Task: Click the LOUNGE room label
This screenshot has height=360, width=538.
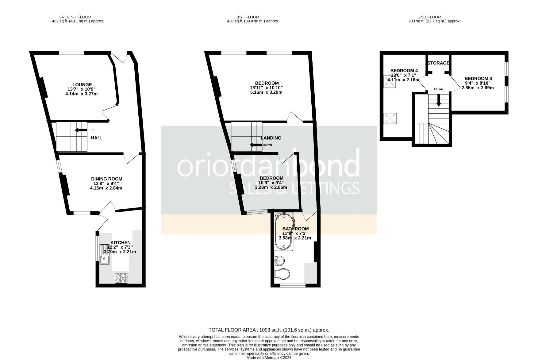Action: (82, 85)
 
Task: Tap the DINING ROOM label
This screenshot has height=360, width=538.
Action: (107, 179)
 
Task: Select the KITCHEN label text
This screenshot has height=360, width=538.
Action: (121, 243)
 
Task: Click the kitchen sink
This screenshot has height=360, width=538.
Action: (104, 254)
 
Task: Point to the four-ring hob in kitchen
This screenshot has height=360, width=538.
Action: (121, 278)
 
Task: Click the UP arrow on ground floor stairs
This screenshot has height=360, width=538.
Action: (81, 130)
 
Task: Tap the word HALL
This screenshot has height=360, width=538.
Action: (97, 138)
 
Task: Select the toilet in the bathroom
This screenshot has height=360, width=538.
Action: (282, 274)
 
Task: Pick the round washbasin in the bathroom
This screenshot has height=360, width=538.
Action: (279, 261)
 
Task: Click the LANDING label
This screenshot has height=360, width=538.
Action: (271, 138)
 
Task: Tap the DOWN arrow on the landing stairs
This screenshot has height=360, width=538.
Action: (256, 145)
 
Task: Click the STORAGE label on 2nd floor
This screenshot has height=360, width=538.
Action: (438, 63)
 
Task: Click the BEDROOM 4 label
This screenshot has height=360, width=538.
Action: (404, 71)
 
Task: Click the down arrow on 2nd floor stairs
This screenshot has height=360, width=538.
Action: (439, 100)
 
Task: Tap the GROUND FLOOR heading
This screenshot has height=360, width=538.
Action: (75, 17)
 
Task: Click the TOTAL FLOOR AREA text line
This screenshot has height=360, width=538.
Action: (269, 330)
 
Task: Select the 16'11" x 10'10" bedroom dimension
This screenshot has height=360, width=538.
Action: (266, 88)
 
